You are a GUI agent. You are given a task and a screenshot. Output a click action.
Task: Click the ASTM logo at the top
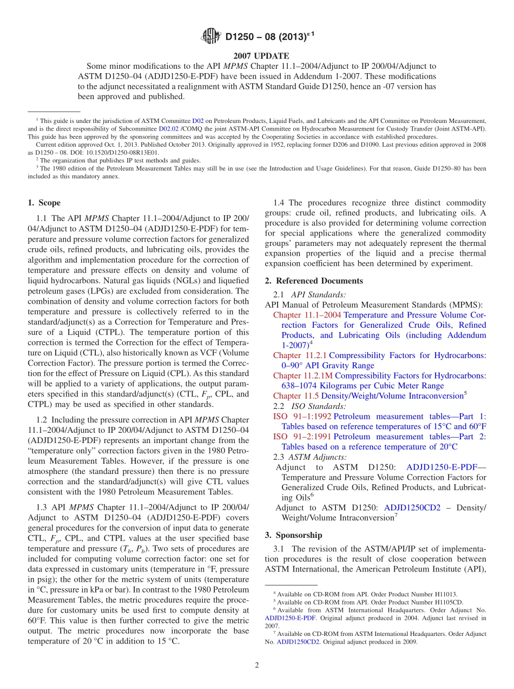click(x=210, y=36)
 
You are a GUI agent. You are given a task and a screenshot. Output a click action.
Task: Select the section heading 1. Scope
click(x=44, y=203)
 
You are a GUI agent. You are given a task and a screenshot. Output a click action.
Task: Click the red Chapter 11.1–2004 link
click(x=307, y=315)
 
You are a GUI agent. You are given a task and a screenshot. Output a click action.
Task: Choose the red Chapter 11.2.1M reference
click(x=302, y=375)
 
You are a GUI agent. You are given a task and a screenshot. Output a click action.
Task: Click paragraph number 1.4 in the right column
click(x=279, y=203)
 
